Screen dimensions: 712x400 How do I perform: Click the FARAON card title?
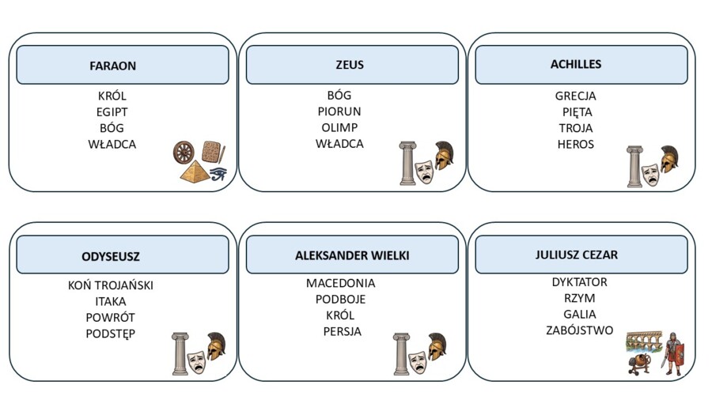pos(112,66)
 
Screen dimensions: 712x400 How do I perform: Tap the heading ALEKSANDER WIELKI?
pos(352,255)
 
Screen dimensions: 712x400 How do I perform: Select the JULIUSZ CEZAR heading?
pos(576,255)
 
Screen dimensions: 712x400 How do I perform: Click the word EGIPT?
pos(112,112)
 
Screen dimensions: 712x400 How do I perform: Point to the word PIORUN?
pos(339,111)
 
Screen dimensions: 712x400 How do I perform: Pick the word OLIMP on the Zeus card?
pos(339,127)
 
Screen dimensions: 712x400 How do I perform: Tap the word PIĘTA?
pos(578,112)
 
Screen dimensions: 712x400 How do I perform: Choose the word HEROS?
pos(575,144)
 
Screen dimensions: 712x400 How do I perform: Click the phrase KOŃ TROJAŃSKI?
pos(110,285)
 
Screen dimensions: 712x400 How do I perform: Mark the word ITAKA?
pos(110,302)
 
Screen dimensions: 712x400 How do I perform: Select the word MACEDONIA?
pos(340,283)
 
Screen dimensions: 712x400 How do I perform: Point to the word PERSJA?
pos(342,331)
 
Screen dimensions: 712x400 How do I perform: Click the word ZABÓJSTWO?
pos(579,330)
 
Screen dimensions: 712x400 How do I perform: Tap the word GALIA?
pos(579,315)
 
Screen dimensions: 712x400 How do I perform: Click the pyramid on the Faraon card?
pos(195,172)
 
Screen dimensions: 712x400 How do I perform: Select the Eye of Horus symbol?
pos(218,173)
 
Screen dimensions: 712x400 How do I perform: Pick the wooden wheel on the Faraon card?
pos(184,153)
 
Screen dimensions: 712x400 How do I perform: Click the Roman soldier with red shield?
pos(674,353)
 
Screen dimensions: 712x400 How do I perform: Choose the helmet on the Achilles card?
pos(668,159)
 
